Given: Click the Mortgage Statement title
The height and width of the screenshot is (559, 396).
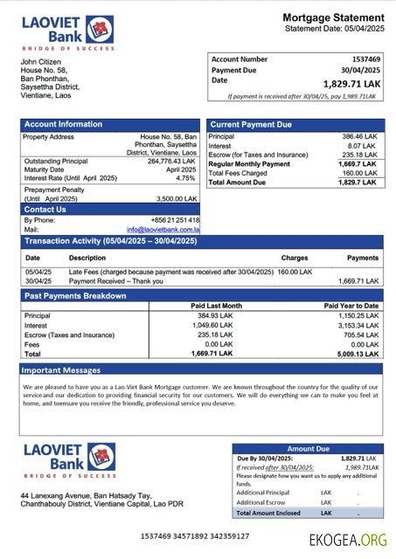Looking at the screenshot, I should (332, 17).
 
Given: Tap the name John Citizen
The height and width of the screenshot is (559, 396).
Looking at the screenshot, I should (41, 61).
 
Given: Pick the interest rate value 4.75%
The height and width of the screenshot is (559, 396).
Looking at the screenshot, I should (185, 177).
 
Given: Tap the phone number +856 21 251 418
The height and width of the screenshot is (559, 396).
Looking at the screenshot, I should (175, 220).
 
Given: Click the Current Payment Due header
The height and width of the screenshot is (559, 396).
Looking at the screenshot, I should (251, 125).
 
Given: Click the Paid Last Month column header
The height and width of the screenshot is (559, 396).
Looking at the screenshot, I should (216, 306).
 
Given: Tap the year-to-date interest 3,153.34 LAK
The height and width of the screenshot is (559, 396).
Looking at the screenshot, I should (358, 325).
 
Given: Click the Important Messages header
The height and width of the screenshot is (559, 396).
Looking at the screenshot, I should (62, 370).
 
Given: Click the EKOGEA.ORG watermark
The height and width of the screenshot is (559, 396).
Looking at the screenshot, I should (348, 540).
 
